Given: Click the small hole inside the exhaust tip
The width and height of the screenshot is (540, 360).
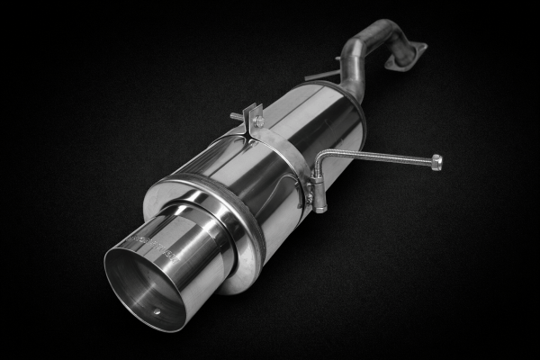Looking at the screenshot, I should [154, 312].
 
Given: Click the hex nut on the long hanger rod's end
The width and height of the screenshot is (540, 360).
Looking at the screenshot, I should [436, 162].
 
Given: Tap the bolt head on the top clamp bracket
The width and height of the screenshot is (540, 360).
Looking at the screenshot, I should [258, 121].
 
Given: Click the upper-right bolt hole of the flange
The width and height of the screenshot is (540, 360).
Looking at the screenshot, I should [421, 46].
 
